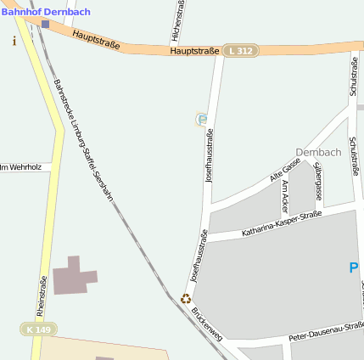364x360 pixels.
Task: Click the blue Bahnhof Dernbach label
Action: click(x=46, y=11)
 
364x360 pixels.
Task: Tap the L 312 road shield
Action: click(x=240, y=52)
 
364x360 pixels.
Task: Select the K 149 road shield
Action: click(x=38, y=329)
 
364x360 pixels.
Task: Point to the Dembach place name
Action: click(x=318, y=152)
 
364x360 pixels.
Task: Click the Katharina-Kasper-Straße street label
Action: click(x=282, y=224)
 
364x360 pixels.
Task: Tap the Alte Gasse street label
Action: click(x=285, y=169)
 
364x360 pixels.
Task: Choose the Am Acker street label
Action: click(x=285, y=195)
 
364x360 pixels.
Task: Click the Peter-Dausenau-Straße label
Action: click(x=327, y=332)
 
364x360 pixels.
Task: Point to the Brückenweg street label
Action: click(x=206, y=323)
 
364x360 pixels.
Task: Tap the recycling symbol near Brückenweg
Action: click(x=185, y=298)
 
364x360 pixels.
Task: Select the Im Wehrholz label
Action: click(x=20, y=167)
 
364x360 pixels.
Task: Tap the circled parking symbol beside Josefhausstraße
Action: click(x=202, y=120)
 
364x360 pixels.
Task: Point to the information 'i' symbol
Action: click(x=14, y=41)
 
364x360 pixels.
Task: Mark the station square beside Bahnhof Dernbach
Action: click(x=45, y=24)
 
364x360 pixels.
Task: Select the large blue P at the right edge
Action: click(x=355, y=268)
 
